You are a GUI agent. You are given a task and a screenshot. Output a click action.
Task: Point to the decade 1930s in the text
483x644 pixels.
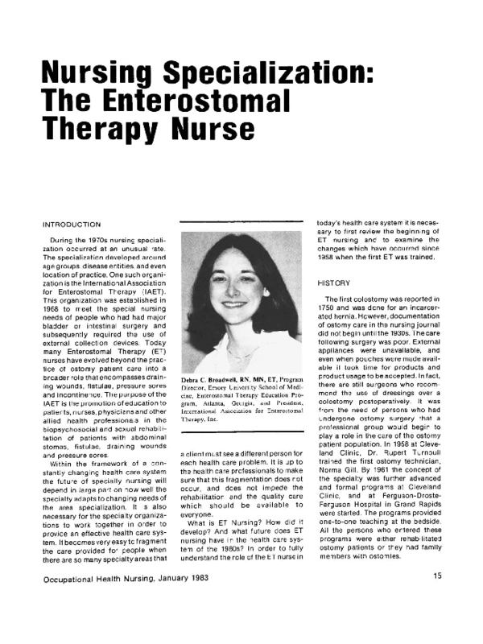(x=392, y=331)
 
